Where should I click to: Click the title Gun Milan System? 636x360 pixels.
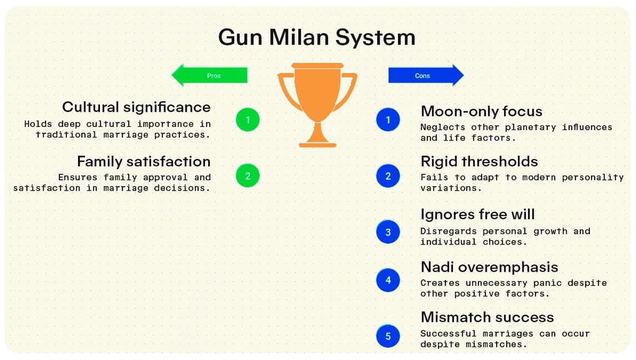point(317,37)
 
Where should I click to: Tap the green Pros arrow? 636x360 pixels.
point(210,76)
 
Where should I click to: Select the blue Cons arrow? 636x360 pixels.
point(425,76)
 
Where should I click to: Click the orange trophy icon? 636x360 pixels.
point(317,103)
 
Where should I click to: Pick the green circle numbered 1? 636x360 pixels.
point(248,119)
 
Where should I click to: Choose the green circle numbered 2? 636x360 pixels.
point(248,176)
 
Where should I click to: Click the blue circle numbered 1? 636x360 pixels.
point(388,119)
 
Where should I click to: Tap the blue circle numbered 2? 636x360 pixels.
point(388,176)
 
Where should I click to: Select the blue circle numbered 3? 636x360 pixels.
point(388,232)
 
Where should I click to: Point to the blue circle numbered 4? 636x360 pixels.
point(388,280)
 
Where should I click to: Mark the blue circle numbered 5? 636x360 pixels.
point(388,336)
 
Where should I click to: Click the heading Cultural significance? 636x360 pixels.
point(136,107)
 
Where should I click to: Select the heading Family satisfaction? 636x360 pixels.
point(144,161)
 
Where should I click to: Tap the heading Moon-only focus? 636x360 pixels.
point(481,111)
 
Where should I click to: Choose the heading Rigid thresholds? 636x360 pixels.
point(479,161)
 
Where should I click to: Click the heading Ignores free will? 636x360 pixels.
point(477,214)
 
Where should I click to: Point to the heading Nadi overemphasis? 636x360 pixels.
point(489,267)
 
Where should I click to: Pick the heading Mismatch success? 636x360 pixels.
point(487,317)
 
